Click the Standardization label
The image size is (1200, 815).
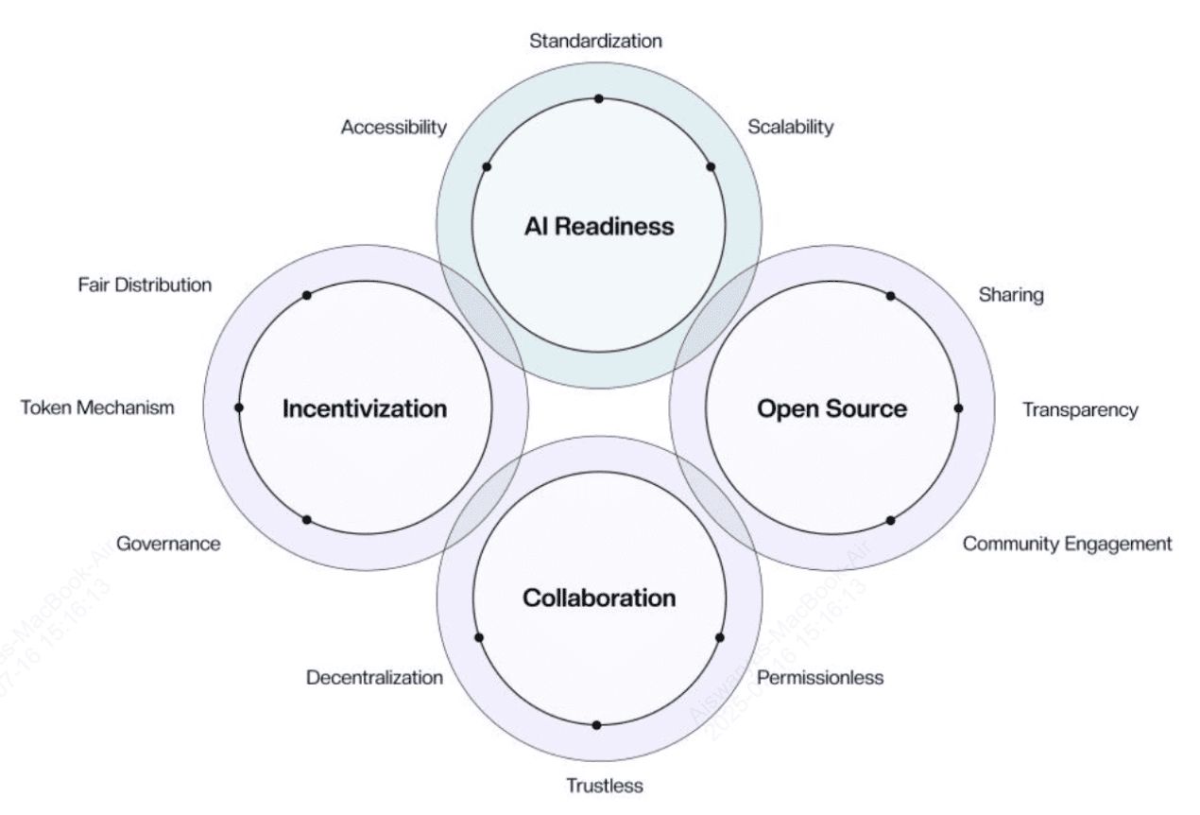595,41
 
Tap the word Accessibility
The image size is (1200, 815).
393,127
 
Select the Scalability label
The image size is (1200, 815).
791,127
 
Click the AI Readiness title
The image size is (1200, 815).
599,226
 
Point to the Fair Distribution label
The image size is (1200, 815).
145,285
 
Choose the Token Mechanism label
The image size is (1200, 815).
97,407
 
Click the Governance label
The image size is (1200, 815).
168,544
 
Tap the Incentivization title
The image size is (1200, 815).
365,408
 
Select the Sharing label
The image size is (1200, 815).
1011,295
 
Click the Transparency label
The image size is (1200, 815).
1080,409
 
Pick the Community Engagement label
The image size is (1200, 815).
1067,544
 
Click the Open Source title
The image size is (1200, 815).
831,408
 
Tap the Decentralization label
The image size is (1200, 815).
374,678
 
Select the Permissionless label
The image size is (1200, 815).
820,678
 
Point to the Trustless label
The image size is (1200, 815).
604,786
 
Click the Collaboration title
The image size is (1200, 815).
599,598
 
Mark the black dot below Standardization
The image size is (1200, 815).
598,98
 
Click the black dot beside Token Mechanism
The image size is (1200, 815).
238,407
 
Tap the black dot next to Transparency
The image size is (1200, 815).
958,408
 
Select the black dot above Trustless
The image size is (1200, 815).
596,725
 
